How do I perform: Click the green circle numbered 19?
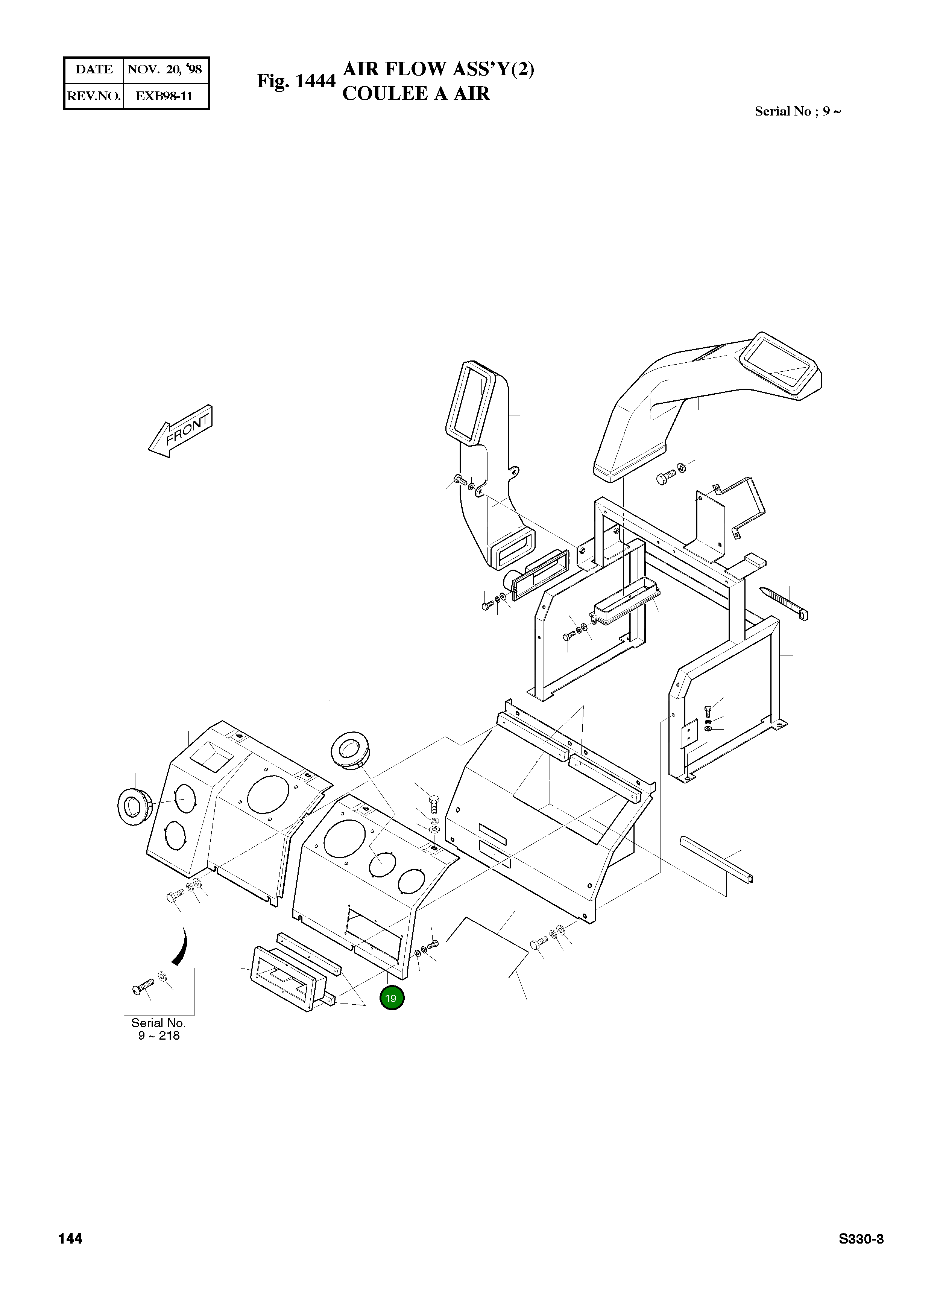pyautogui.click(x=392, y=998)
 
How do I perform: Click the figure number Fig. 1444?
pyautogui.click(x=296, y=81)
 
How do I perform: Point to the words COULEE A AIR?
pyautogui.click(x=416, y=93)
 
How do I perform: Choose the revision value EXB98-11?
pyautogui.click(x=164, y=96)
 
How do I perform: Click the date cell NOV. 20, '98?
pyautogui.click(x=164, y=69)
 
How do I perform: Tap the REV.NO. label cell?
pyautogui.click(x=93, y=96)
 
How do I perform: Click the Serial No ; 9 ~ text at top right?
pyautogui.click(x=798, y=111)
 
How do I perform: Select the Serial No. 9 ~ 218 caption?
pyautogui.click(x=159, y=1029)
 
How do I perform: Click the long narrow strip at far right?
pyautogui.click(x=716, y=859)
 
